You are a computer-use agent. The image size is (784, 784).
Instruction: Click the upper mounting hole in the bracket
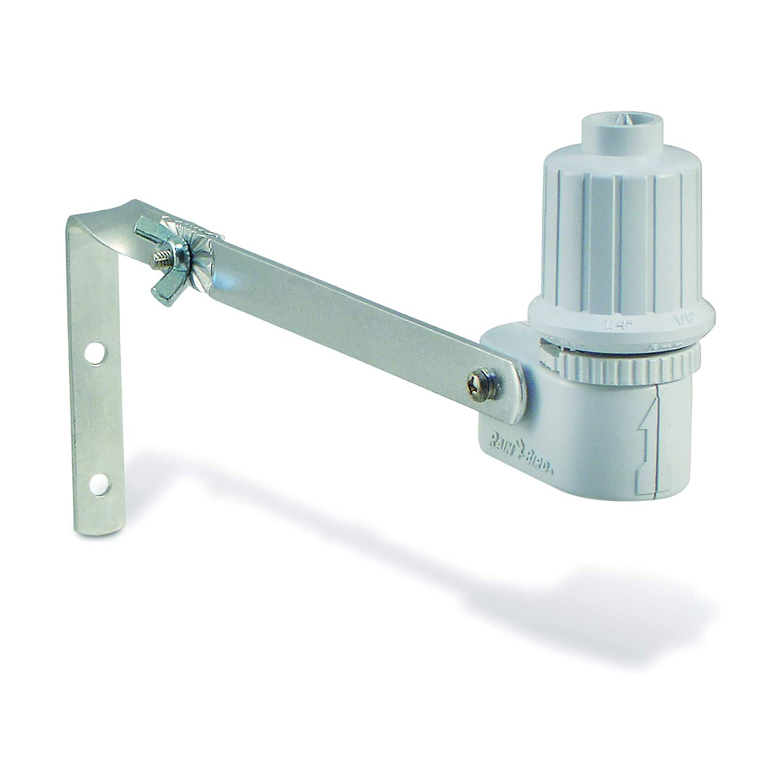pos(95,353)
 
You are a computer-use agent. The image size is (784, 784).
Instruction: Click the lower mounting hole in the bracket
pos(99,484)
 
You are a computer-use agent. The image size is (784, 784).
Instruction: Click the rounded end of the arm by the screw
pos(514,392)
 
